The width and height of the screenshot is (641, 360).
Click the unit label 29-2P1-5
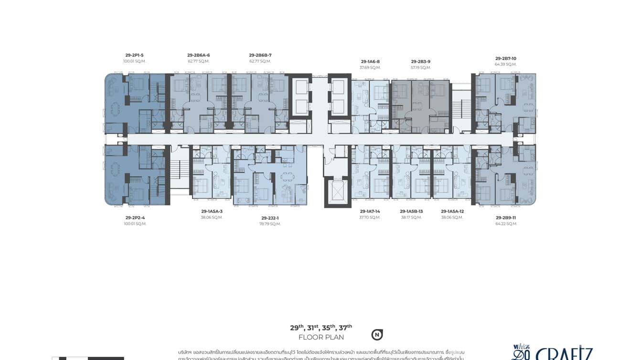[x=134, y=55]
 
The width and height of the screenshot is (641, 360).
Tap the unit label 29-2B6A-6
[x=198, y=55]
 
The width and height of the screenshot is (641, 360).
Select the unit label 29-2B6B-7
[x=260, y=55]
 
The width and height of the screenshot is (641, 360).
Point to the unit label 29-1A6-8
[x=370, y=61]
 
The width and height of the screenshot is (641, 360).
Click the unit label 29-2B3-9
[x=420, y=61]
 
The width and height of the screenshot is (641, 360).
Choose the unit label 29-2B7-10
[x=505, y=58]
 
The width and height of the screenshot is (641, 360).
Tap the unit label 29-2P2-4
[x=135, y=218]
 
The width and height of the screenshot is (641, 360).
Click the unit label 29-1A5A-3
[x=212, y=211]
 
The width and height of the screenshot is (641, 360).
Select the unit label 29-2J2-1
[x=270, y=218]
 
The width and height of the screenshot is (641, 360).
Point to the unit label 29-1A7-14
[x=370, y=211]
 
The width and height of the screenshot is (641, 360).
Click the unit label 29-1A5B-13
[x=411, y=211]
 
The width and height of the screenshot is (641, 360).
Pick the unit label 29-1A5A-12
[x=452, y=211]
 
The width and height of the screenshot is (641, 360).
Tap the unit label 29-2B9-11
[x=506, y=218]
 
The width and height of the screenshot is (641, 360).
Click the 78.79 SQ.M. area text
[x=270, y=224]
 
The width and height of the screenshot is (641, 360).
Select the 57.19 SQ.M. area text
[x=420, y=67]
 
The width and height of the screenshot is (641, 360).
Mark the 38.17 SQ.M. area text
[x=411, y=217]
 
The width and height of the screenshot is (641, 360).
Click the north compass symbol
[x=377, y=335]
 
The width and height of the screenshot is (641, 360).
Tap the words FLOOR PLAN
[x=321, y=337]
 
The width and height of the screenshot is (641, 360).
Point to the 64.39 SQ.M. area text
[x=505, y=64]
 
